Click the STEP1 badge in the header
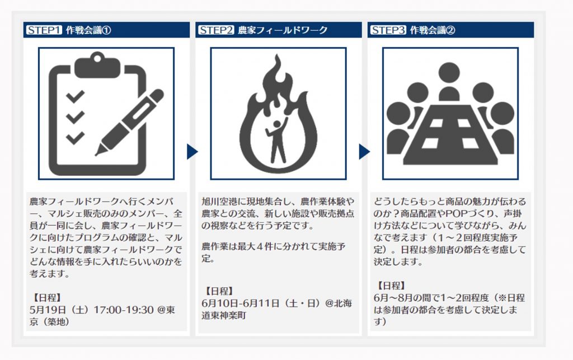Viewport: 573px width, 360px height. point(44,30)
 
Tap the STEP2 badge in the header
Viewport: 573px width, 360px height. point(216,30)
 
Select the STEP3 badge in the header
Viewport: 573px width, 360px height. point(388,30)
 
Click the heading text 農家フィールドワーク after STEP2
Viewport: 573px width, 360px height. point(283,30)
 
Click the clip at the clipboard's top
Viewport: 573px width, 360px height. point(97,65)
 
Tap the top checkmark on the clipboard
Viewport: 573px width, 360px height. point(76,96)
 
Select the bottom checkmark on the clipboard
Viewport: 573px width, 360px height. point(76,138)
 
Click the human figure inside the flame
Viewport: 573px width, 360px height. point(278,141)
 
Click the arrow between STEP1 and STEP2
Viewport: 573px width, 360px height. point(192,152)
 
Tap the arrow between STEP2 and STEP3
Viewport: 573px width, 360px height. point(364,152)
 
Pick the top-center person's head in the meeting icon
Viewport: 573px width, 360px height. point(449,72)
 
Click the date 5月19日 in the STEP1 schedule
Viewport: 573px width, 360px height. point(48,310)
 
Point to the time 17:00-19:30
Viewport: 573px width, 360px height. point(124,310)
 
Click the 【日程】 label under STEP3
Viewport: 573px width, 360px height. point(391,286)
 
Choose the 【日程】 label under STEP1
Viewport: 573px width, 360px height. point(46,298)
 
